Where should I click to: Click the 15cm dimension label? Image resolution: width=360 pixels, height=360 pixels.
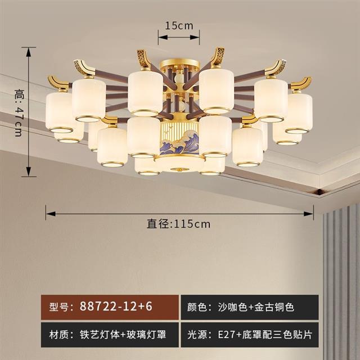click(178, 25)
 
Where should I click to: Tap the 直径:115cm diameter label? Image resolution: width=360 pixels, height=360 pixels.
click(179, 223)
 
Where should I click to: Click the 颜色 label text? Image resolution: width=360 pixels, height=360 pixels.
click(198, 308)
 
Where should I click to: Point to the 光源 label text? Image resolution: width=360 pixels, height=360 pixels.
click(198, 334)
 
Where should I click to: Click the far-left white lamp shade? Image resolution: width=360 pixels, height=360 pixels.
click(60, 111)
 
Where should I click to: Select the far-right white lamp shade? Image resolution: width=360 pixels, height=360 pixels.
click(299, 113)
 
